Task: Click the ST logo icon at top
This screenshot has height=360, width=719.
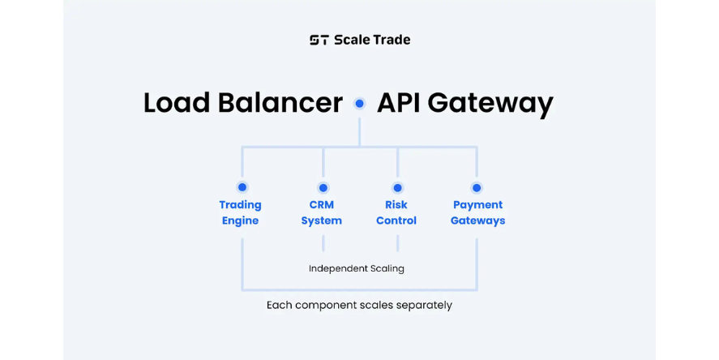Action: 319,40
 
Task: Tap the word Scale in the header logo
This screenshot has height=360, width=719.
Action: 352,40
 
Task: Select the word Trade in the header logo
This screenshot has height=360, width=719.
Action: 392,40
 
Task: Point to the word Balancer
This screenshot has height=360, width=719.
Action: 279,103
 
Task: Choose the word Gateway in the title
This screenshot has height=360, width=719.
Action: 491,104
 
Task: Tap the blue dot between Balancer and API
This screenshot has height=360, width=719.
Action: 359,104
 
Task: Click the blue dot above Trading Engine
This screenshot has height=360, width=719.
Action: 242,187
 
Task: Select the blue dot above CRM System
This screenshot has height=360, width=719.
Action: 323,187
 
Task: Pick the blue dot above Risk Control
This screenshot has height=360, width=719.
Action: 397,187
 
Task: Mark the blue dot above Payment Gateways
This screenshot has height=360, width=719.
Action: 477,187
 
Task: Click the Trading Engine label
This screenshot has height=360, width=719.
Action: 241,212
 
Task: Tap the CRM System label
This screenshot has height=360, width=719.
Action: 322,212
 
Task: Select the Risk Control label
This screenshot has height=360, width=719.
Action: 396,212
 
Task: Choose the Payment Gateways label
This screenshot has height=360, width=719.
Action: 477,212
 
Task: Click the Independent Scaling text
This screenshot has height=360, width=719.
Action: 356,268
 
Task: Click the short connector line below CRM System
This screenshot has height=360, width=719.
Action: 323,243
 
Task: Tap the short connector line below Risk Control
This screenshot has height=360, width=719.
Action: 397,243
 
